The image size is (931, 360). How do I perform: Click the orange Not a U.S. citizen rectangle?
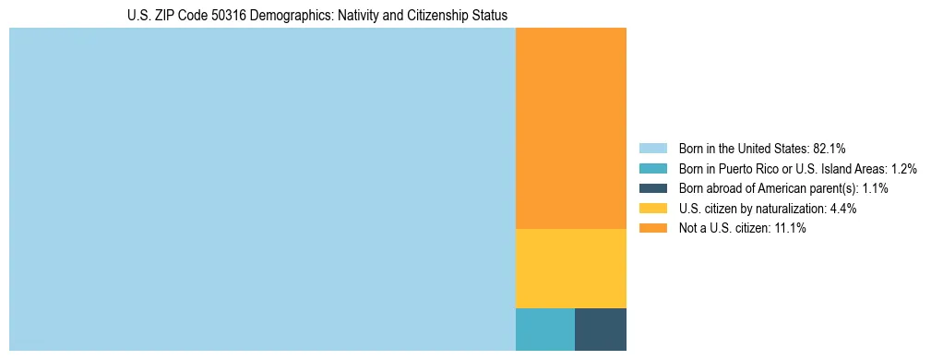pyautogui.click(x=570, y=128)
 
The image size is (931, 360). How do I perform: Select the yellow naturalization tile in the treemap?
pyautogui.click(x=570, y=268)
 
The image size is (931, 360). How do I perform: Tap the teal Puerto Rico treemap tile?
pyautogui.click(x=544, y=329)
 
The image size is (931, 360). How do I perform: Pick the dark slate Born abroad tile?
pyautogui.click(x=600, y=329)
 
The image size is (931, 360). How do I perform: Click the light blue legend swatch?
pyautogui.click(x=652, y=148)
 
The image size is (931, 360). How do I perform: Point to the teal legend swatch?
pyautogui.click(x=652, y=168)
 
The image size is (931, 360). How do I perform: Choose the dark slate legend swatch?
pyautogui.click(x=652, y=188)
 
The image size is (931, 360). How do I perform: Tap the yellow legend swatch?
pyautogui.click(x=652, y=209)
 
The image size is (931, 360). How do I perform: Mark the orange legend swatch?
pyautogui.click(x=652, y=229)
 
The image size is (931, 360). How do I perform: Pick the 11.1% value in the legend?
pyautogui.click(x=789, y=229)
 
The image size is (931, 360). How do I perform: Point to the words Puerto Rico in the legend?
pyautogui.click(x=741, y=168)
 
